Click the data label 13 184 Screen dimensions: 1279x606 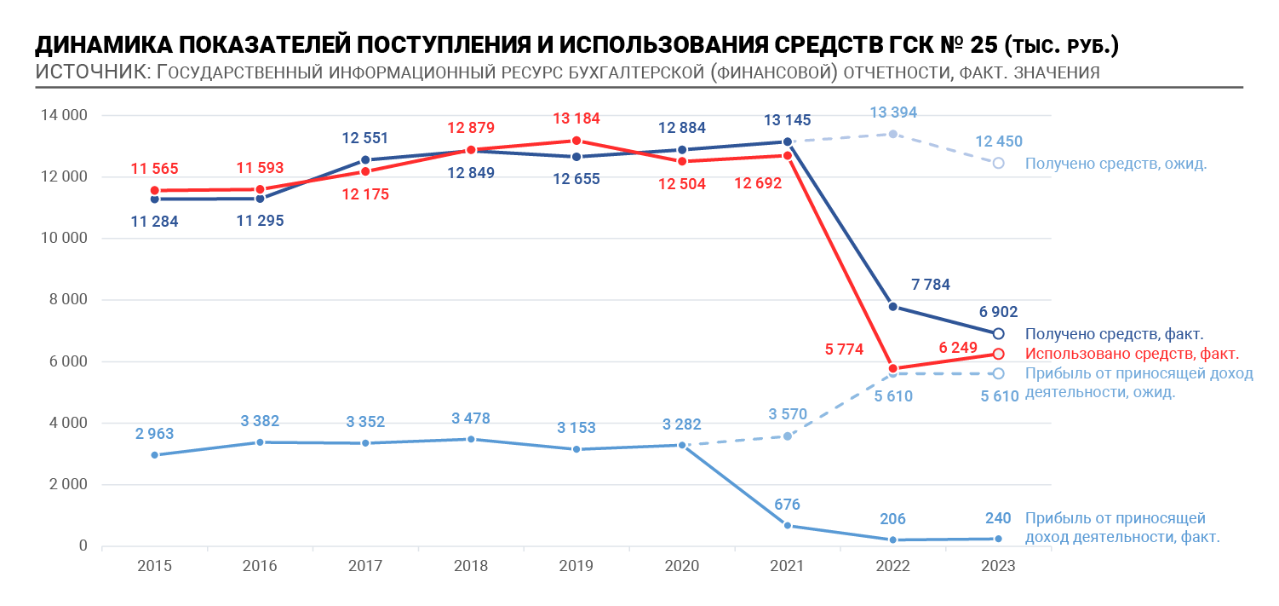click(576, 118)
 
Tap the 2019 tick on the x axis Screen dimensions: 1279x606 click(576, 566)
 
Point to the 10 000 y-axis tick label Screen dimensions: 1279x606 click(64, 238)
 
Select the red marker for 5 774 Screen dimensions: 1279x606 click(893, 369)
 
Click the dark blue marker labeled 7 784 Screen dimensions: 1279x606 click(893, 307)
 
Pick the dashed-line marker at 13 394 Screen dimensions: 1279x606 click(893, 135)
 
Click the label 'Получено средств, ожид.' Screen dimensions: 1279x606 click(1116, 164)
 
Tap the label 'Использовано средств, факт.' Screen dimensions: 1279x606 click(1132, 354)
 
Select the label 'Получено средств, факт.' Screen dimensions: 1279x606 click(1114, 334)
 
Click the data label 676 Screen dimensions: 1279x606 click(787, 505)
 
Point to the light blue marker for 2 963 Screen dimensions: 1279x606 click(155, 455)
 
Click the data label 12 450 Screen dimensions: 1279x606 click(999, 141)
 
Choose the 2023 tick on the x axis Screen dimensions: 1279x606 click(998, 566)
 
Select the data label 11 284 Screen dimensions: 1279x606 click(154, 222)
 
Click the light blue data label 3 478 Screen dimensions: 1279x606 click(471, 418)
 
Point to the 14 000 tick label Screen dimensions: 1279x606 click(64, 115)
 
